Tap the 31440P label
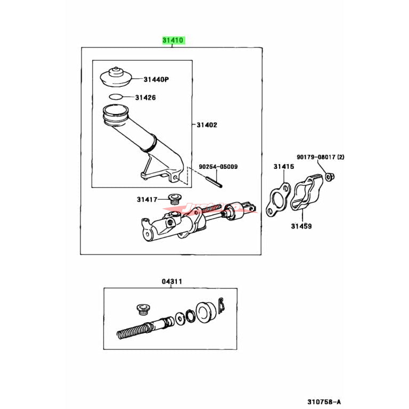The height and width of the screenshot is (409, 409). pyautogui.click(x=156, y=79)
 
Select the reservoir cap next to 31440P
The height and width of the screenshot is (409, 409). pyautogui.click(x=116, y=76)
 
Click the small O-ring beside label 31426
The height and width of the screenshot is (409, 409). pyautogui.click(x=116, y=97)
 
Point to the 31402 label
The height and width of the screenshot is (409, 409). pyautogui.click(x=207, y=125)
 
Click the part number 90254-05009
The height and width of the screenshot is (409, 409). pyautogui.click(x=218, y=167)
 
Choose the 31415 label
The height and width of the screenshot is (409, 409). pyautogui.click(x=284, y=167)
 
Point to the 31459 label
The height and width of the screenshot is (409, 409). pyautogui.click(x=301, y=226)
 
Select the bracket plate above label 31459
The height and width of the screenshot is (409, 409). pyautogui.click(x=306, y=197)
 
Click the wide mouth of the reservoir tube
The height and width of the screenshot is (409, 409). pyautogui.click(x=116, y=114)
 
